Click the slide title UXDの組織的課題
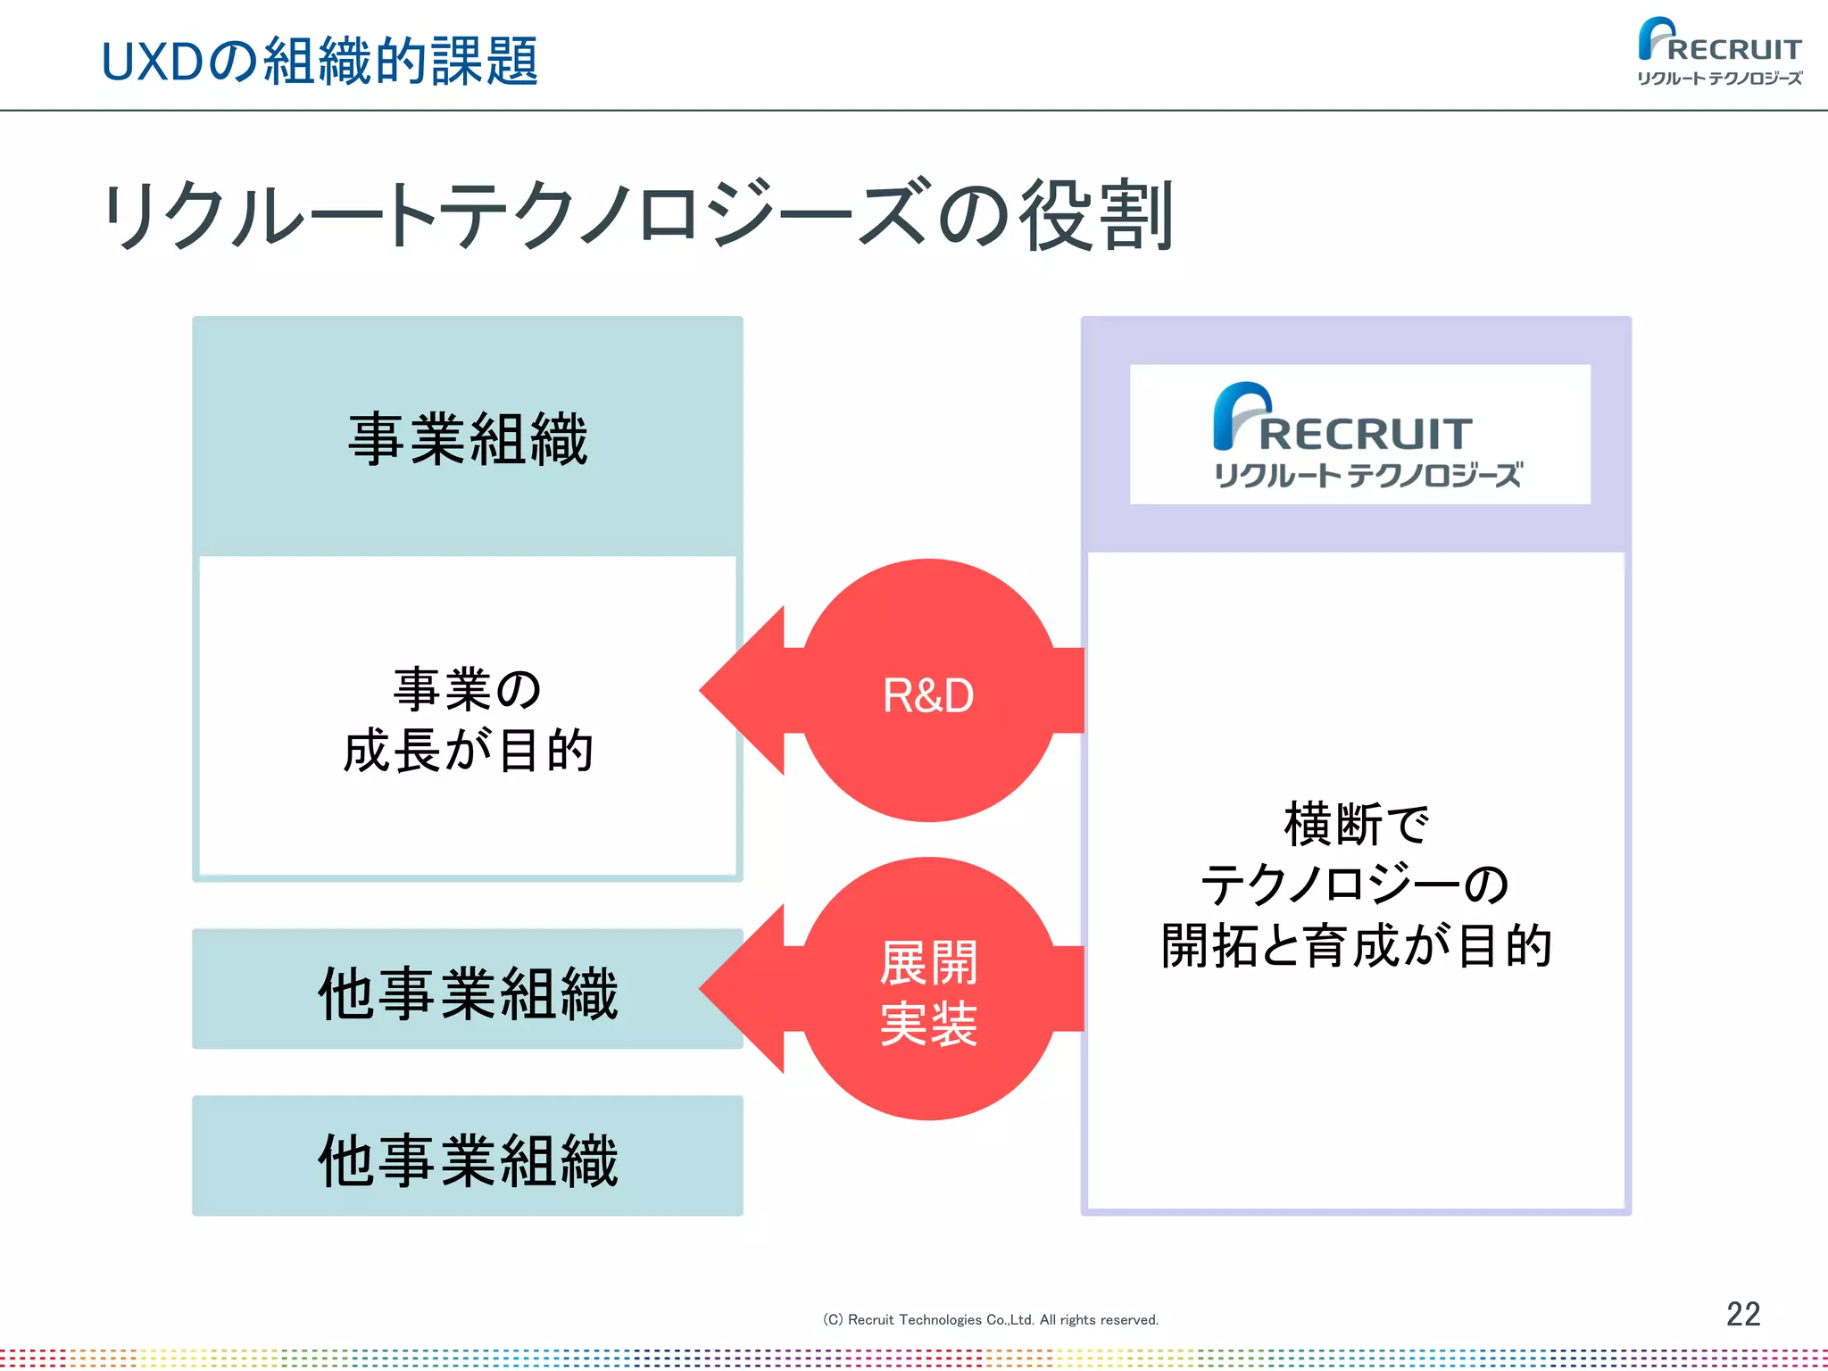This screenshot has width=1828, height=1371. coord(320,61)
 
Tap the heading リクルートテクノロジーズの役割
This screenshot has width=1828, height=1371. coord(638,214)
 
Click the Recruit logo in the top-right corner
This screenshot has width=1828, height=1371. coord(1720,52)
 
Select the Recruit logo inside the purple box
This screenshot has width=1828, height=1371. coord(1359,435)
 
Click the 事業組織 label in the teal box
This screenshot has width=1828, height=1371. coord(468,438)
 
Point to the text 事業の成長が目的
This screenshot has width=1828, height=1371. coord(468,719)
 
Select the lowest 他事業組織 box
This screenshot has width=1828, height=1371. coord(468,1158)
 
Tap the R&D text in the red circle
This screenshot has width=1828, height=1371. coord(928,695)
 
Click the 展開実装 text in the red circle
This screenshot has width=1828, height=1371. coord(928,993)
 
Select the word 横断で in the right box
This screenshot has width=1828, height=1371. coord(1356,823)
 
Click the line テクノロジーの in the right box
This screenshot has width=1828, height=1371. coord(1356,884)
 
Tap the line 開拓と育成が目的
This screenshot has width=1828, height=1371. coord(1356,945)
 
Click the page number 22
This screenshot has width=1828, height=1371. coord(1742,1314)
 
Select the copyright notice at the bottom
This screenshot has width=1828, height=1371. coord(990,1319)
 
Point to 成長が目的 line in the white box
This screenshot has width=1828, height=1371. coord(468,750)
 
